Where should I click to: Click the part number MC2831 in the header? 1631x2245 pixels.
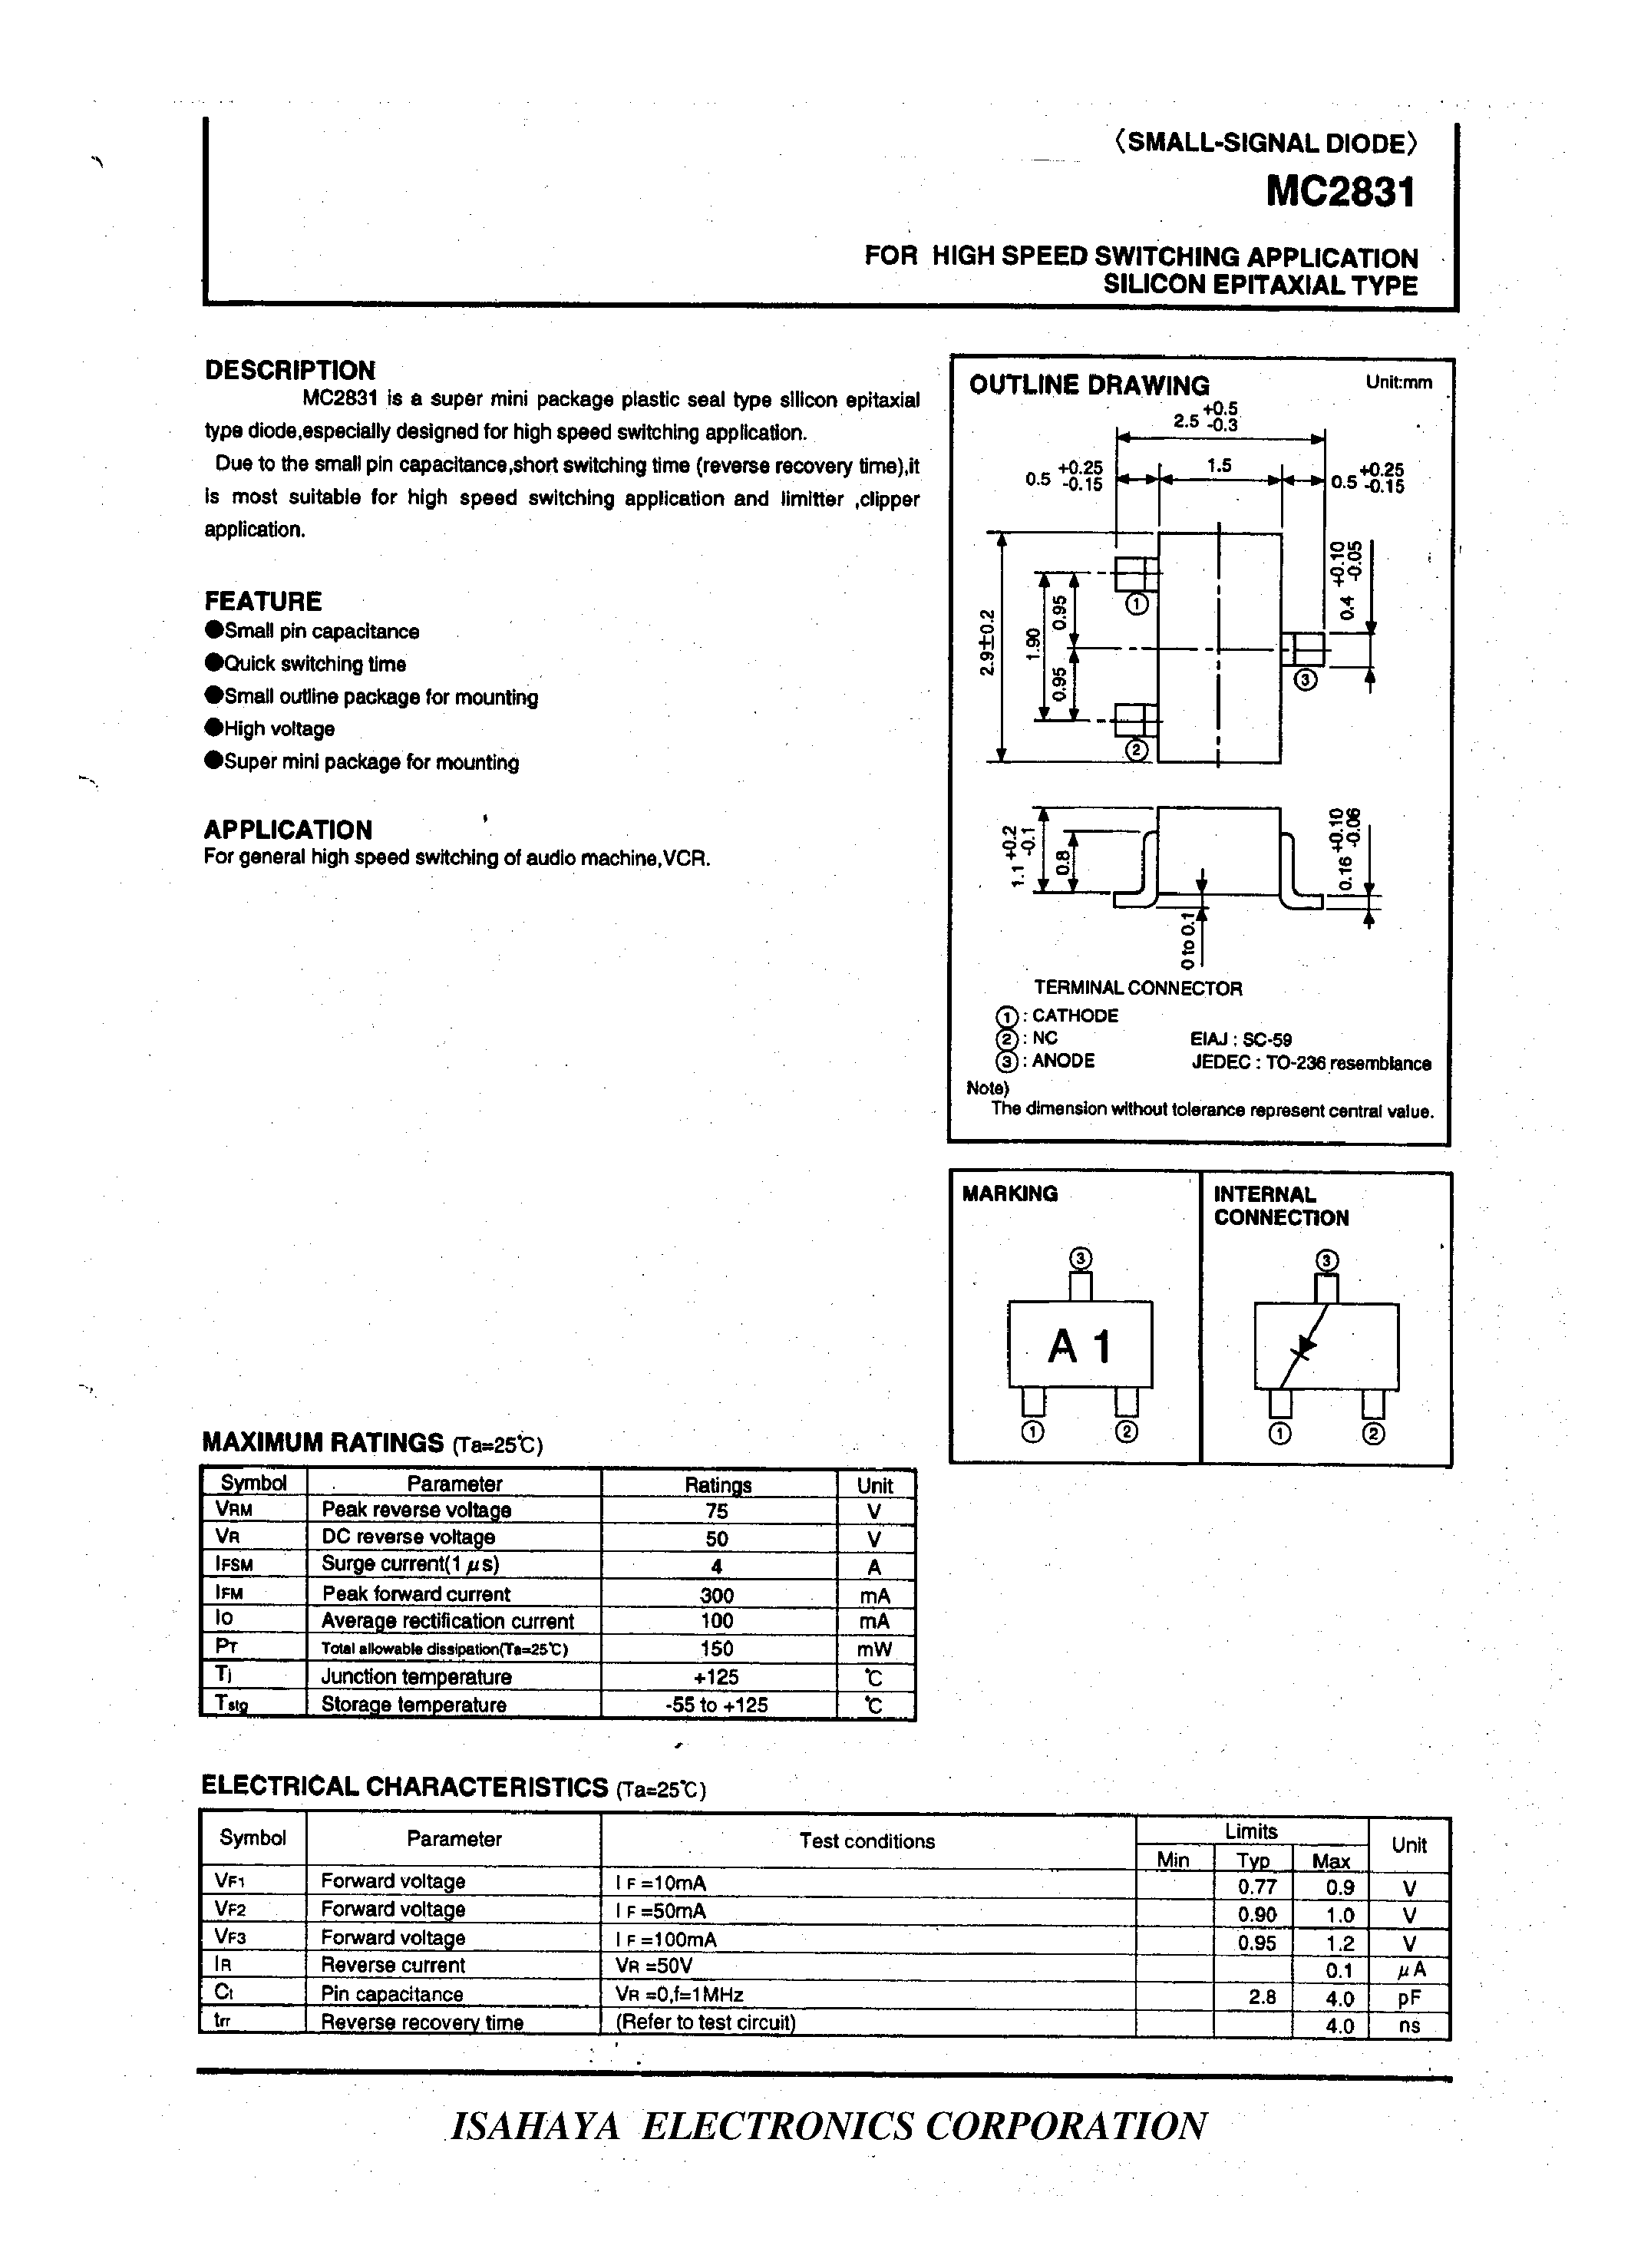(x=1341, y=191)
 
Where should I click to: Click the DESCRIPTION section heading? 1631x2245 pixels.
(x=290, y=370)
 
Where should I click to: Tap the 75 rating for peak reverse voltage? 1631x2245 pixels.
(x=717, y=1510)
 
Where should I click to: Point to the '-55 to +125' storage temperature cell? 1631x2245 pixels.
(x=717, y=1705)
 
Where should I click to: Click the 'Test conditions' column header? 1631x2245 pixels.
(x=867, y=1841)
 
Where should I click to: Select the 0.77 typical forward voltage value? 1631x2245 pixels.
(x=1257, y=1887)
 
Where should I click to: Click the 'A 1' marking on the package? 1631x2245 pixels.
(x=1080, y=1345)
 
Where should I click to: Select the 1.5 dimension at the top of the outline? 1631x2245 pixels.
(x=1220, y=465)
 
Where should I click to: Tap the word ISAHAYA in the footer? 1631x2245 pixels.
(x=536, y=2125)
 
